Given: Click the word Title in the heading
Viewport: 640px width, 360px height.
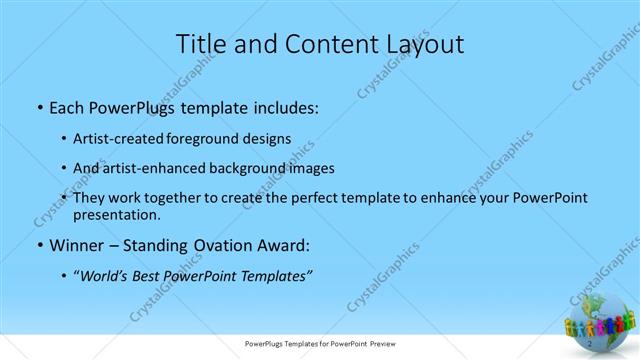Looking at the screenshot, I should click(x=200, y=44).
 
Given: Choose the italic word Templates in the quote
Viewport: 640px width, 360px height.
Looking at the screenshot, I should click(x=273, y=277).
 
